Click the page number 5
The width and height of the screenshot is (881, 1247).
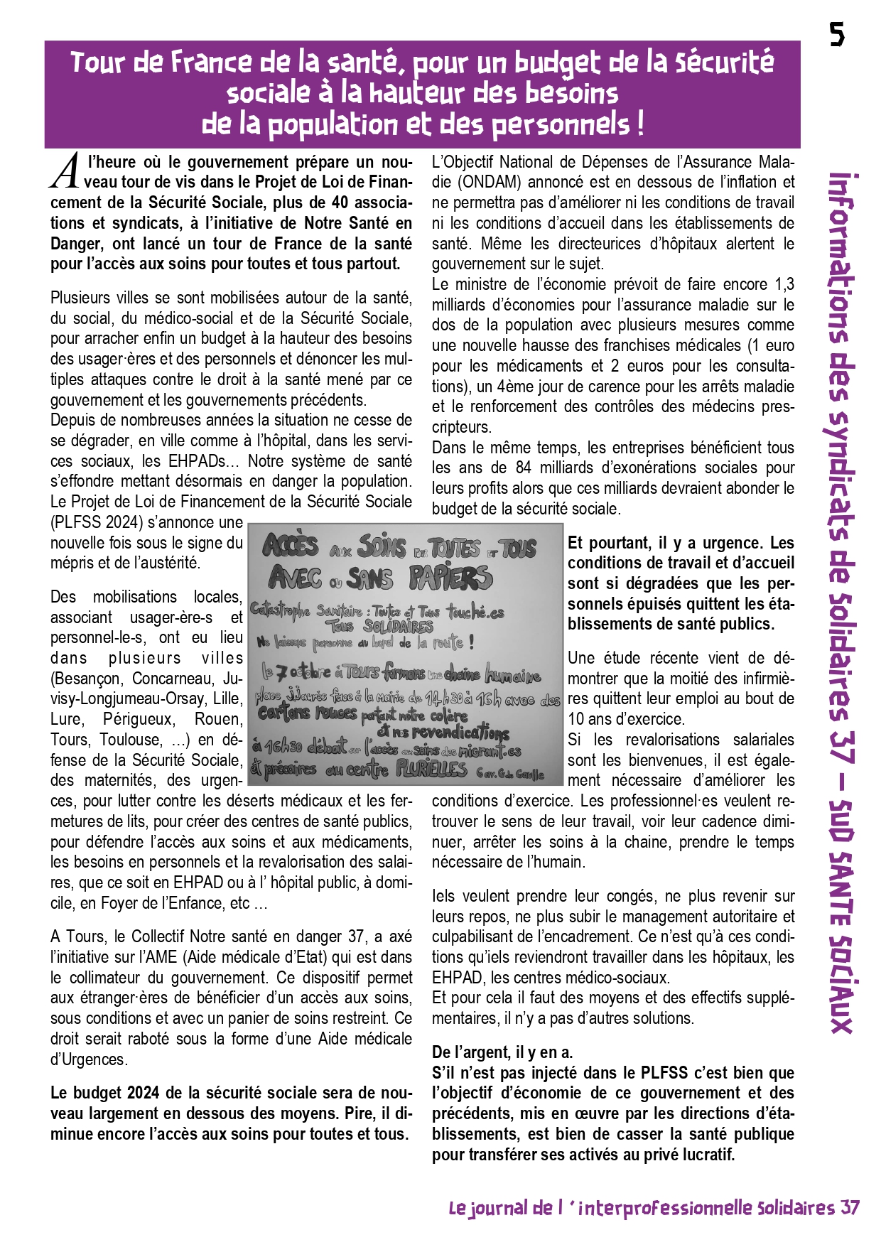[x=838, y=33]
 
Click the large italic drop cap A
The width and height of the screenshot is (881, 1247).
[x=65, y=172]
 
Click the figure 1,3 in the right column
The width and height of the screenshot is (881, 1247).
[x=784, y=285]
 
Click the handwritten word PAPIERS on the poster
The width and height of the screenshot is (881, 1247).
[x=450, y=578]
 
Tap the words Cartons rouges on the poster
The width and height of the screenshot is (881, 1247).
[x=308, y=713]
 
